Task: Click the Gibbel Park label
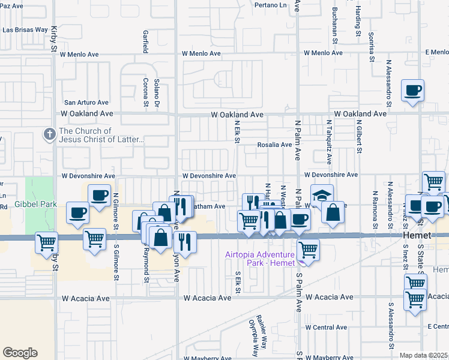click(x=37, y=205)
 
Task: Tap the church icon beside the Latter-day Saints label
click(x=49, y=135)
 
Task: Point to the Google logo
click(x=20, y=352)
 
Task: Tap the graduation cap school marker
click(x=321, y=196)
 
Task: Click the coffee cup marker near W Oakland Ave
click(x=412, y=92)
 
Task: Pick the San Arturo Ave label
click(x=86, y=103)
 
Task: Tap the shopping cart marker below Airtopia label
click(x=308, y=248)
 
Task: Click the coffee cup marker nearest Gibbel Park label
click(x=79, y=213)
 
